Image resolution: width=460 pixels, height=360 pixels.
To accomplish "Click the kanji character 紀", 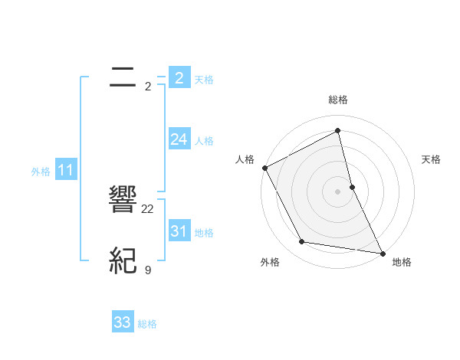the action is click(123, 261).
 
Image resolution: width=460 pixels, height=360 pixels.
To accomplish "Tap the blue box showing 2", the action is click(179, 77).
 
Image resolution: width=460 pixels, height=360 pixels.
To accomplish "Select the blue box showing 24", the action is click(179, 139).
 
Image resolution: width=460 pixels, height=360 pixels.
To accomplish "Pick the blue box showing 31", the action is click(179, 231).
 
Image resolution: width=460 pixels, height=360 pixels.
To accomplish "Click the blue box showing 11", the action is click(66, 170).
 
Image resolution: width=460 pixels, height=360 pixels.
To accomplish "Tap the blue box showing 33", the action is click(123, 322).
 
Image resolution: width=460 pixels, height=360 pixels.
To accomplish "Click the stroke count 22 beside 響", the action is click(148, 208).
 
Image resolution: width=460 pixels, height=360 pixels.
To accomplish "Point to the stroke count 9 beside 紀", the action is click(148, 270).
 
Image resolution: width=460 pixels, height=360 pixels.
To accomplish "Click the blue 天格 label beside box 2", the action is click(204, 80).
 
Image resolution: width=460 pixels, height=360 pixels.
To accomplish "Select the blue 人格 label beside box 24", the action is click(204, 141).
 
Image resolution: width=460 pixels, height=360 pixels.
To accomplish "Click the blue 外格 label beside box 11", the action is click(41, 172).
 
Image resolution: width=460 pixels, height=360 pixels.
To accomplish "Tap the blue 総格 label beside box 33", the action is click(147, 324).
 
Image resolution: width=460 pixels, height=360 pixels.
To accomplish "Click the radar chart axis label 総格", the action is click(338, 100).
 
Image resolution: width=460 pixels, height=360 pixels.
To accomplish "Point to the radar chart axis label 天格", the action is click(432, 159).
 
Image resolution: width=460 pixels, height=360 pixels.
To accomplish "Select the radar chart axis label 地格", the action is click(402, 262).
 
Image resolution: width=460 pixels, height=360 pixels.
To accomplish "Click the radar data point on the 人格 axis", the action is click(265, 168).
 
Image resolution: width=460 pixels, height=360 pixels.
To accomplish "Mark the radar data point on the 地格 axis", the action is click(382, 253).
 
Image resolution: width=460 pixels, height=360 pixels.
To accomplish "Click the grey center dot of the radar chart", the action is click(337, 191).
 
